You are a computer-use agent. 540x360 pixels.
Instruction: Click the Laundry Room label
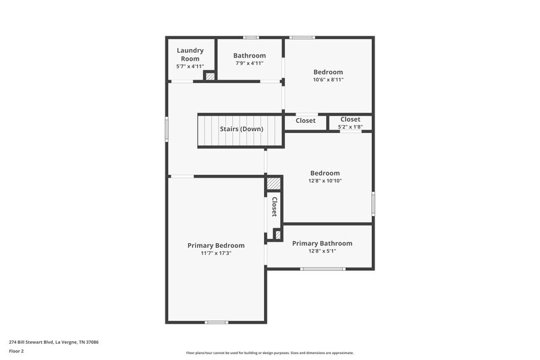190,54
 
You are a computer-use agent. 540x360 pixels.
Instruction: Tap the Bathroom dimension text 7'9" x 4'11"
248,63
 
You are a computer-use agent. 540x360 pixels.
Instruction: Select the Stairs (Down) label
241,129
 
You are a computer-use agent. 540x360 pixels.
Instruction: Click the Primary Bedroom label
216,245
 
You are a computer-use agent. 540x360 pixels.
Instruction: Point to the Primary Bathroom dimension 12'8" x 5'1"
322,251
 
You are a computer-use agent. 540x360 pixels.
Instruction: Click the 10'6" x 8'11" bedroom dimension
328,80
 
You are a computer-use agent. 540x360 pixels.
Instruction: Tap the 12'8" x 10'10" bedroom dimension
325,180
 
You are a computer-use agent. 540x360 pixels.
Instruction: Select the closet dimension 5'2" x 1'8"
350,126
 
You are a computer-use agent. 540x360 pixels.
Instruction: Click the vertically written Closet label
275,206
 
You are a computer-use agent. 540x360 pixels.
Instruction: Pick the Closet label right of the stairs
306,121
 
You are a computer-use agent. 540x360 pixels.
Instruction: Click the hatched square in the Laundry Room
210,76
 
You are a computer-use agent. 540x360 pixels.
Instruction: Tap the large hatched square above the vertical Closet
273,183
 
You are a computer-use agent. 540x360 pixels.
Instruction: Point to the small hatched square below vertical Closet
277,234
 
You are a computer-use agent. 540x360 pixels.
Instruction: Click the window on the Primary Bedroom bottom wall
216,322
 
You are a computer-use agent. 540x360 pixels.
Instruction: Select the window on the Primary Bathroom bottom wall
322,269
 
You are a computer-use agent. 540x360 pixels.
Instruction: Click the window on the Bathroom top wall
250,37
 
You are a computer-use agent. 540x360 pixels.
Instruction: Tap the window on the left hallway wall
167,130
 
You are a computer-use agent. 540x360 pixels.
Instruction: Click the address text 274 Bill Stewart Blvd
53,342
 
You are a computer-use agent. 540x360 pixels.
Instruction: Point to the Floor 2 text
16,351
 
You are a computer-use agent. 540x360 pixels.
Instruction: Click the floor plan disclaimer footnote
269,353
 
